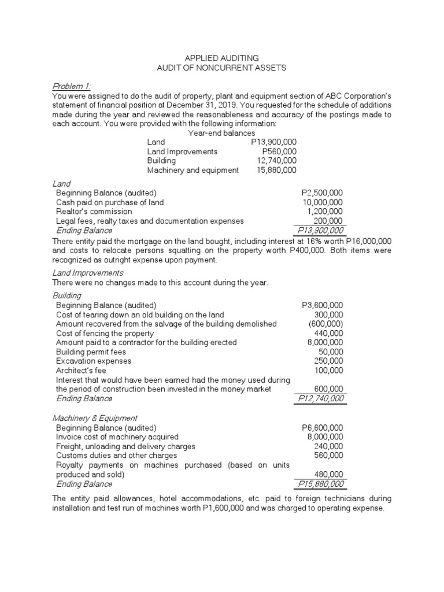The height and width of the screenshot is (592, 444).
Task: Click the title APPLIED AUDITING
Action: (221, 58)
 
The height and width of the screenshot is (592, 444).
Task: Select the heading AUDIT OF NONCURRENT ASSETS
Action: (221, 68)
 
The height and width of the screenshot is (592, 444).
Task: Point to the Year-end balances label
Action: (221, 133)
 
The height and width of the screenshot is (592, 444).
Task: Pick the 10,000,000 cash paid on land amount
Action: (323, 202)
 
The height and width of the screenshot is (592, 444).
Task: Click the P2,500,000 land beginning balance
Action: (322, 193)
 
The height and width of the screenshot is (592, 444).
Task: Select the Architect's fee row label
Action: (81, 370)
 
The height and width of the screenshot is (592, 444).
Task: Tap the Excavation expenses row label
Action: (93, 361)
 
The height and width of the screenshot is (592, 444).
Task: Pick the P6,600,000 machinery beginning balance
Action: (322, 428)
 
